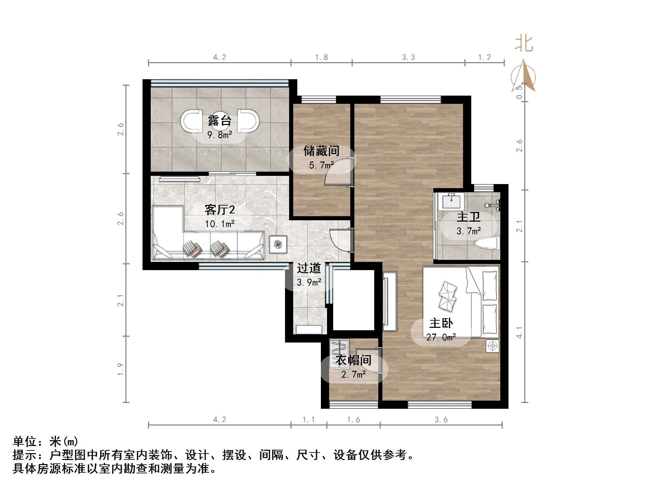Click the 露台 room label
[219, 121]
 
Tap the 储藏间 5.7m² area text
[321, 165]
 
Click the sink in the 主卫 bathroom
[451, 201]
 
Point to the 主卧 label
[441, 323]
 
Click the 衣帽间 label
[353, 360]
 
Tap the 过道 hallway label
[309, 268]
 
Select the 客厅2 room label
[219, 209]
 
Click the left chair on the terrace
[190, 121]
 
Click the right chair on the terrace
[248, 121]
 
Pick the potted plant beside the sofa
[277, 244]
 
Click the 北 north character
[524, 44]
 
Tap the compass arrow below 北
[524, 76]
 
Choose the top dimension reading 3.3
[408, 57]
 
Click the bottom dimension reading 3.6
[441, 420]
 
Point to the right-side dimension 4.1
[519, 332]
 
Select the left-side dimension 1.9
[120, 369]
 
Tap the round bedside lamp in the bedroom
[492, 346]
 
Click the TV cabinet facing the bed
[390, 301]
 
